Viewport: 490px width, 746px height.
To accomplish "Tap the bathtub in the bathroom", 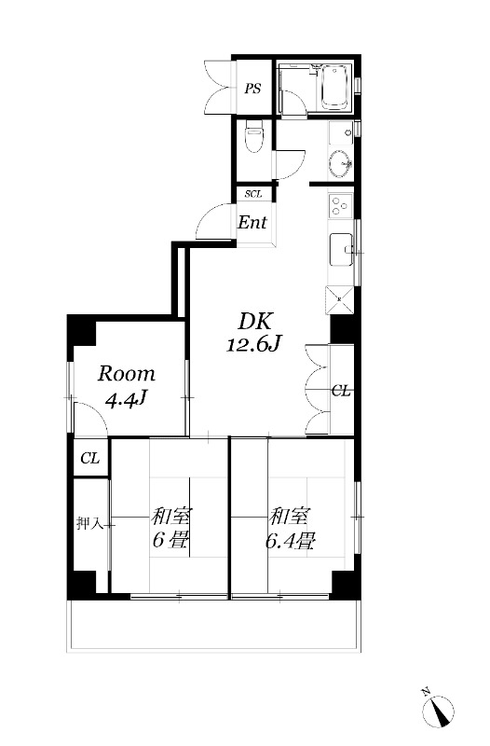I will pyautogui.click(x=333, y=88).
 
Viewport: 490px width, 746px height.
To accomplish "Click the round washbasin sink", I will pyautogui.click(x=339, y=162).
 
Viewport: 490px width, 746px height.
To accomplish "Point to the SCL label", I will pyautogui.click(x=252, y=194).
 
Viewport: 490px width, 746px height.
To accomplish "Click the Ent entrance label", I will pyautogui.click(x=252, y=223).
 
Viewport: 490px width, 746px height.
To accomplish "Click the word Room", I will pyautogui.click(x=127, y=374).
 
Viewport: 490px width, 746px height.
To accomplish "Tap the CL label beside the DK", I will pyautogui.click(x=341, y=392).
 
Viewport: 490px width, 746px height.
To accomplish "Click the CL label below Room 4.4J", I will pyautogui.click(x=89, y=458).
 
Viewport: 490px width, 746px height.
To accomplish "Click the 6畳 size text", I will pyautogui.click(x=167, y=539).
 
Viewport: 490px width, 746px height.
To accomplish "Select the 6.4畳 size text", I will pyautogui.click(x=293, y=538).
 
